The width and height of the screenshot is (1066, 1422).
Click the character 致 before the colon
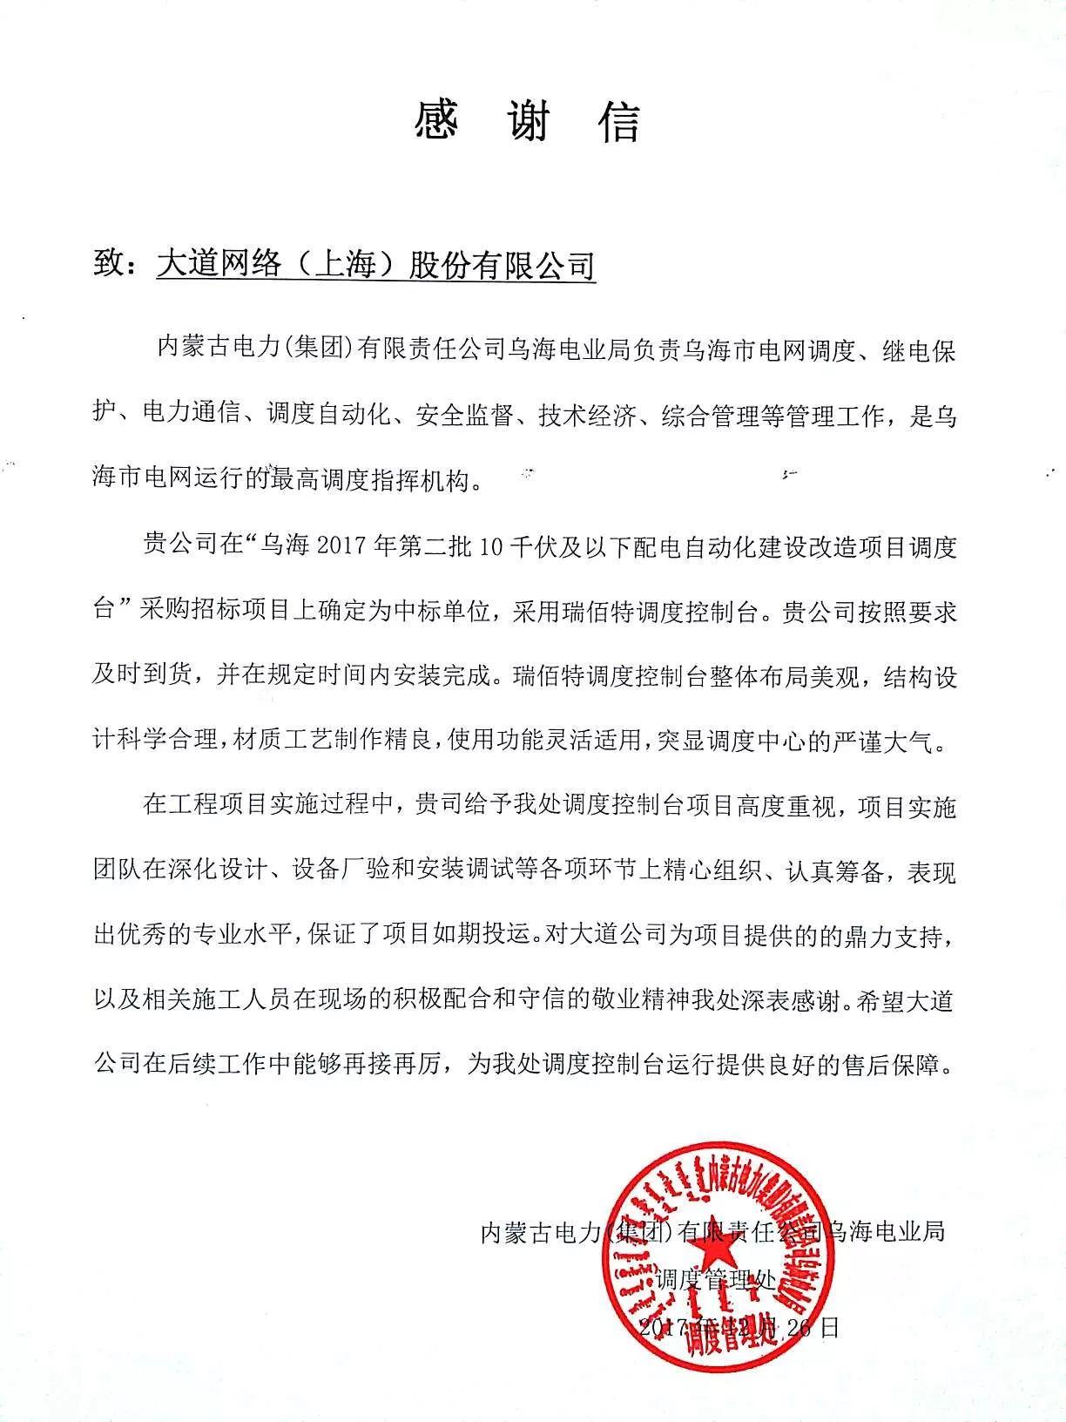pyautogui.click(x=110, y=263)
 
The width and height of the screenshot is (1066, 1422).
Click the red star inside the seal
pyautogui.click(x=713, y=1261)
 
